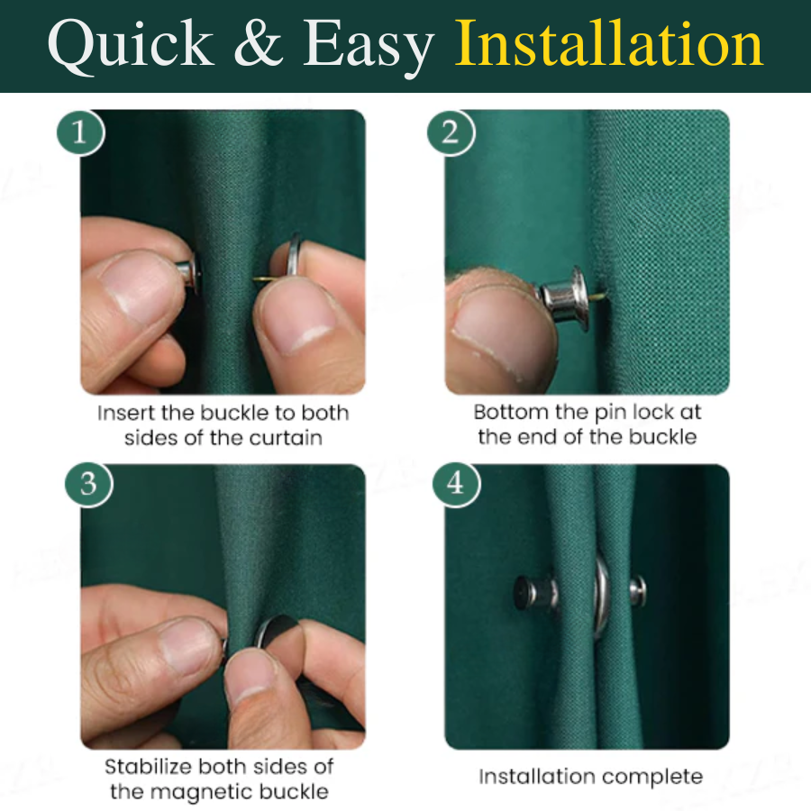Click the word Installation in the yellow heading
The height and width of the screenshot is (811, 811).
[x=609, y=44]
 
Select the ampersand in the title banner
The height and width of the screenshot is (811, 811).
[x=261, y=46]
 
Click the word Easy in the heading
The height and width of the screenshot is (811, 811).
[x=369, y=46]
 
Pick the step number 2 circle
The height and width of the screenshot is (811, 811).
[x=450, y=133]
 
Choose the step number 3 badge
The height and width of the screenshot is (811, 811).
[x=87, y=484]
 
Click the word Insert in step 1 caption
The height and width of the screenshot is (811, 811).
[x=125, y=414]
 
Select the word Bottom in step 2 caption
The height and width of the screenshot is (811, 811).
[x=511, y=413]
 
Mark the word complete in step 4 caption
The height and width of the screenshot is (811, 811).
[x=657, y=776]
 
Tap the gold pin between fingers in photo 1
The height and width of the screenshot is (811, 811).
[x=261, y=278]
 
